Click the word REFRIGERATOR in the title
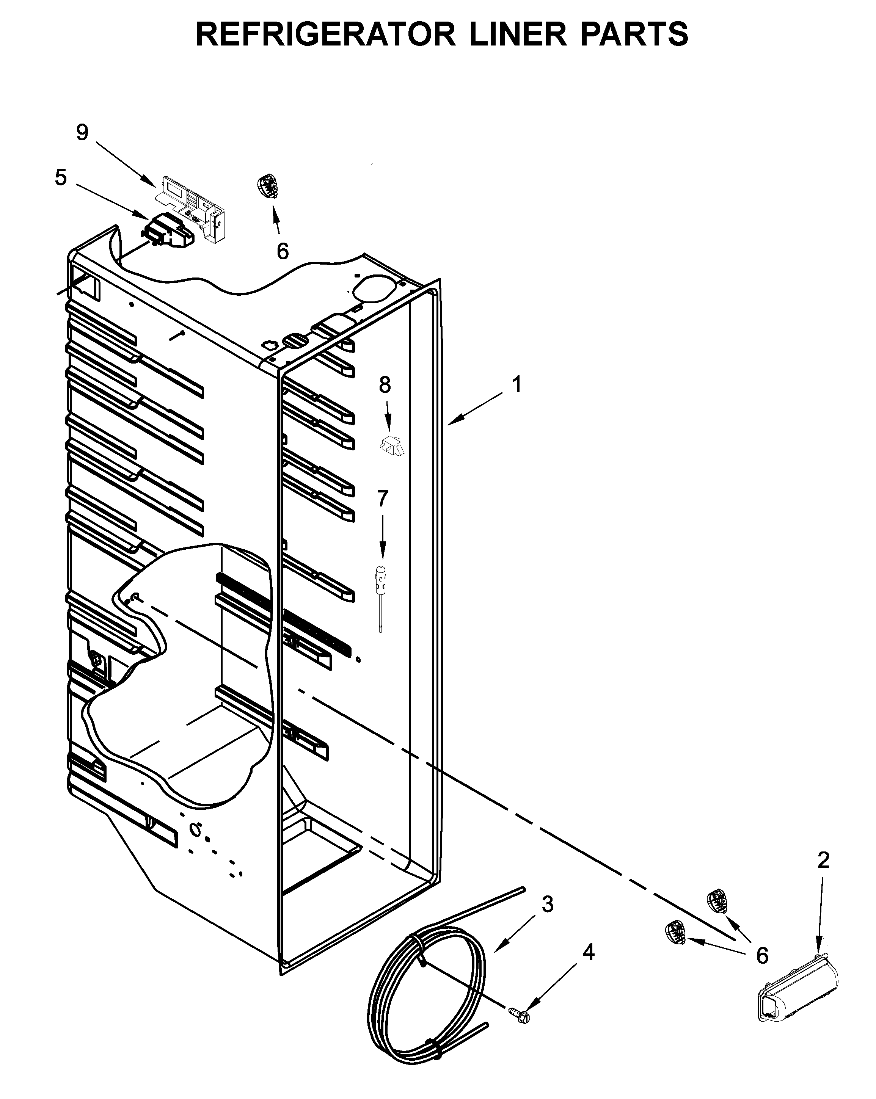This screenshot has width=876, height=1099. coord(325,34)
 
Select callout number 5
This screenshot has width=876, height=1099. coord(61,177)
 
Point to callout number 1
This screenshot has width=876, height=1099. coord(517,384)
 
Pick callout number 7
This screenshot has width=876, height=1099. coord(382,498)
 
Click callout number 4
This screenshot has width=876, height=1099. coord(589,952)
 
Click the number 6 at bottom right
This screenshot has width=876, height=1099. coord(762,955)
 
